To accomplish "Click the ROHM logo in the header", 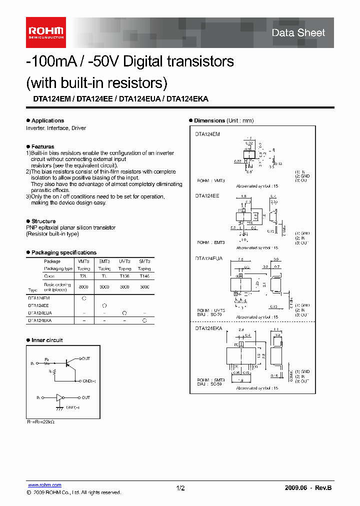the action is pyautogui.click(x=45, y=32).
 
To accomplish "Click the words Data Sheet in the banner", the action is pyautogui.click(x=298, y=33).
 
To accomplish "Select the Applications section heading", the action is pyautogui.click(x=47, y=120).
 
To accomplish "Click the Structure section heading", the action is pyautogui.click(x=43, y=221).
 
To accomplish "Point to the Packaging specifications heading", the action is pyautogui.click(x=63, y=252).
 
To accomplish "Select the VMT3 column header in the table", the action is pyautogui.click(x=83, y=261).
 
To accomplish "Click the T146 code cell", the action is pyautogui.click(x=144, y=276).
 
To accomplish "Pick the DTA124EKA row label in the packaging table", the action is pyautogui.click(x=40, y=320).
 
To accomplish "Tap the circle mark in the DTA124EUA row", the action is pyautogui.click(x=124, y=312).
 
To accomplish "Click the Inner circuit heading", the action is pyautogui.click(x=47, y=340).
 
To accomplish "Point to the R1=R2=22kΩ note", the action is pyautogui.click(x=40, y=421).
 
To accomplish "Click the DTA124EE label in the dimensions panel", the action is pyautogui.click(x=207, y=196).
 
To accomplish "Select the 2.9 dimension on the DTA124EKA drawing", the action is pyautogui.click(x=240, y=330).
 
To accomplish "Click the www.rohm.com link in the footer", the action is pyautogui.click(x=44, y=485).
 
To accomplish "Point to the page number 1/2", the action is pyautogui.click(x=180, y=487).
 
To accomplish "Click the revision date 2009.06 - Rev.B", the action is pyautogui.click(x=308, y=487).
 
